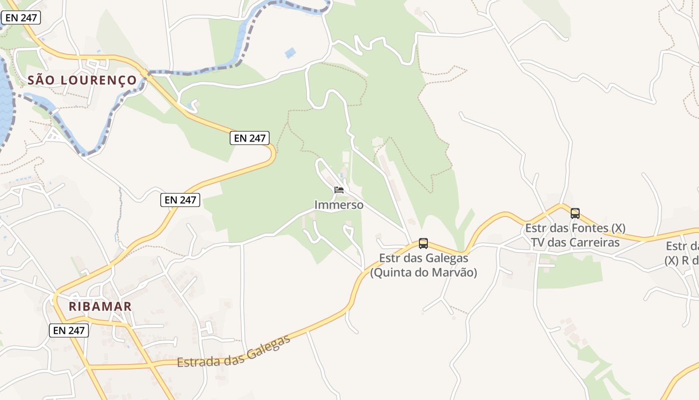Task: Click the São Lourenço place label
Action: [x=82, y=80]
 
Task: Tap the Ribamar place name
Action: [x=100, y=306]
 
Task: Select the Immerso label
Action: [x=339, y=205]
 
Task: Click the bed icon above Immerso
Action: [x=339, y=190]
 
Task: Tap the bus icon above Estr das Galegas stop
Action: [x=423, y=243]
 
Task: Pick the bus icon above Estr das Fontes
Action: [x=575, y=213]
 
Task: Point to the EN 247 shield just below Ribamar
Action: [x=69, y=330]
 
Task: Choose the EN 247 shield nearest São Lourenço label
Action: [x=20, y=18]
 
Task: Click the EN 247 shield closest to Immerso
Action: [x=250, y=138]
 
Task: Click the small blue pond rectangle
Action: [x=290, y=52]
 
